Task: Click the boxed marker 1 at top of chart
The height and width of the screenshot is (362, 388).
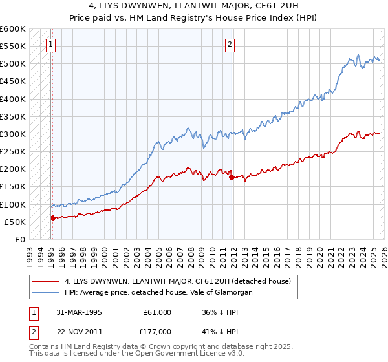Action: [x=51, y=45]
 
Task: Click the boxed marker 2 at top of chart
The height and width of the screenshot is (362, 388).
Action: [x=230, y=45]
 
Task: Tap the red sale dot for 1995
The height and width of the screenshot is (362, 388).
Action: [x=52, y=218]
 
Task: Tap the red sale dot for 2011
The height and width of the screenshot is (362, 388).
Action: [x=232, y=176]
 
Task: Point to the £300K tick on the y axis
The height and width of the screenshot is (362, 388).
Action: [x=13, y=134]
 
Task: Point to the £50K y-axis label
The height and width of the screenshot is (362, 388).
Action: [x=14, y=222]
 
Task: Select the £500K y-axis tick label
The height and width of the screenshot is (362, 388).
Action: [x=13, y=64]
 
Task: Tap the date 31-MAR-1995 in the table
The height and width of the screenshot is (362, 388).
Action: [x=78, y=312]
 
